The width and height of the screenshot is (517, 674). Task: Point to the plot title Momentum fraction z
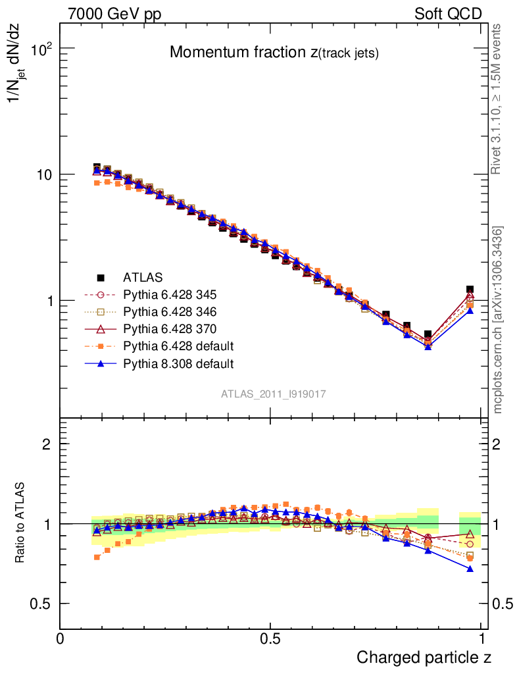click(274, 53)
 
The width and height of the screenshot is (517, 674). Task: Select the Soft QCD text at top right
click(448, 14)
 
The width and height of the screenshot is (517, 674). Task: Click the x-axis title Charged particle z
click(424, 658)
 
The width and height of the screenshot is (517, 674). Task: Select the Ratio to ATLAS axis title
click(21, 523)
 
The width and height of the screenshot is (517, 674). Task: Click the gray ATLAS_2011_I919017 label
click(274, 394)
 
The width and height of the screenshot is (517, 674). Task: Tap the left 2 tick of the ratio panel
click(47, 444)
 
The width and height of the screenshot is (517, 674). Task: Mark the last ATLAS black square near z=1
click(470, 290)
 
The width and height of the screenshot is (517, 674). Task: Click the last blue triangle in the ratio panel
click(470, 568)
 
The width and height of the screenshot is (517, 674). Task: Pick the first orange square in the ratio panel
click(97, 557)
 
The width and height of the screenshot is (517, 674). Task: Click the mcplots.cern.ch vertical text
click(498, 321)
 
